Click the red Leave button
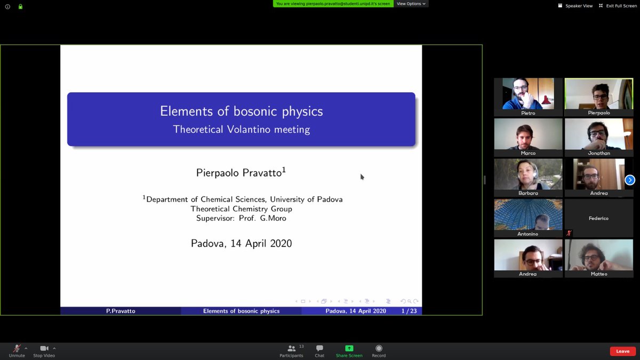(x=622, y=351)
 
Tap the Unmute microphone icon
(x=17, y=348)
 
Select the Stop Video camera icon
(x=44, y=348)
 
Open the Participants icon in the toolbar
(x=291, y=348)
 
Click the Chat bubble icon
(x=319, y=348)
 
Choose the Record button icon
(x=379, y=348)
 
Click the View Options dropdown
(x=411, y=4)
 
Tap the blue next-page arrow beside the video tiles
(x=630, y=180)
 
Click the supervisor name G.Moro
(x=273, y=218)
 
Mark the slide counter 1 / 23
(x=409, y=311)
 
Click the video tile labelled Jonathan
(x=598, y=137)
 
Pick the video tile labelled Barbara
(x=528, y=177)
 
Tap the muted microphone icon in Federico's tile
(x=569, y=233)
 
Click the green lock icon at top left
(x=20, y=7)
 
